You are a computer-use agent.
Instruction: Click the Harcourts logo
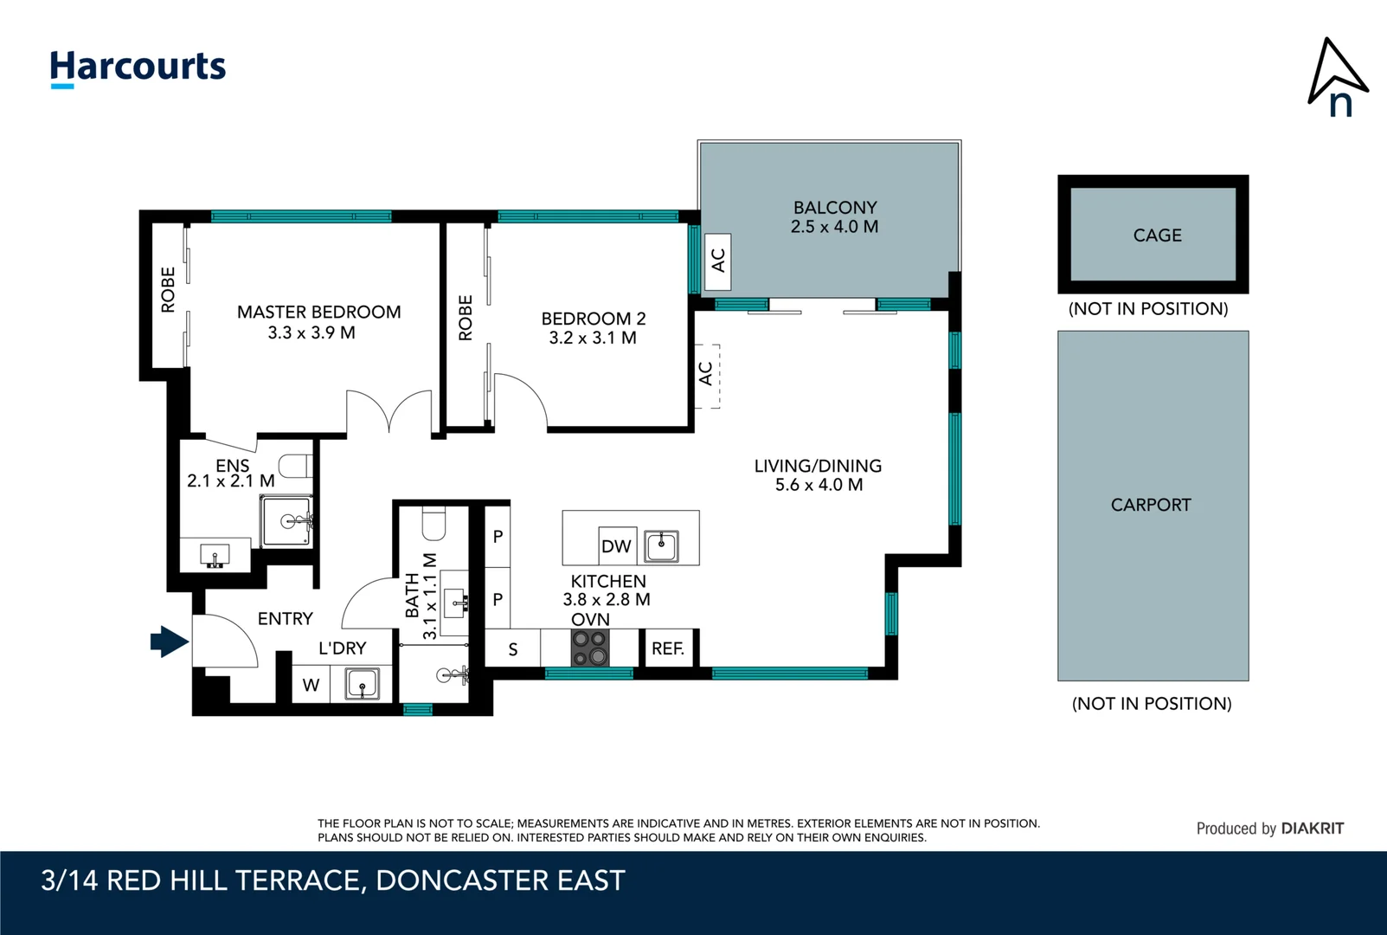tap(138, 68)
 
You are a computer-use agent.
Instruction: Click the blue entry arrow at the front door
tap(170, 642)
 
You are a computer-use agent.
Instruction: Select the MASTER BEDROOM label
tap(318, 312)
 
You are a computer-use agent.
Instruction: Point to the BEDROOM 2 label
tap(593, 319)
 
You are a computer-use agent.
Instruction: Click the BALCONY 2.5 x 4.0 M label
tap(834, 217)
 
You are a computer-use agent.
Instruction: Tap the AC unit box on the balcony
tap(718, 261)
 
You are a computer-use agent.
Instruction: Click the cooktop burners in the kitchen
tap(589, 648)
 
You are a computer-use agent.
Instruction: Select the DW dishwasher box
tap(616, 546)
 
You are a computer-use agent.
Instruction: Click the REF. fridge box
tap(668, 648)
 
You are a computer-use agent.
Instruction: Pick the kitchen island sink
tap(662, 546)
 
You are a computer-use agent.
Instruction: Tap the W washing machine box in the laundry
tap(311, 685)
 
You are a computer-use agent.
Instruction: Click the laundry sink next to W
tap(363, 684)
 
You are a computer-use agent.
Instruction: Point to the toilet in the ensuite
tap(295, 466)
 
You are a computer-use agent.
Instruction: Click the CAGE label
tap(1157, 235)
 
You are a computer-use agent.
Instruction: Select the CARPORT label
tap(1151, 505)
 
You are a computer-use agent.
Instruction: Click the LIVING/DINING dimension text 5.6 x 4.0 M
tap(819, 485)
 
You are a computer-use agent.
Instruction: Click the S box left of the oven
tap(513, 649)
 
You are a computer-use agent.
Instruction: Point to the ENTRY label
tap(285, 618)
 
